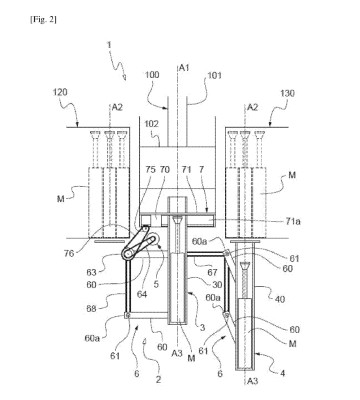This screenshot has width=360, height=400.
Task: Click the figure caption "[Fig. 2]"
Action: click(x=43, y=20)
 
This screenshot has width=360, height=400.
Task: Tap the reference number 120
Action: click(x=60, y=92)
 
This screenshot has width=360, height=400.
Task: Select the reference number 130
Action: click(x=287, y=93)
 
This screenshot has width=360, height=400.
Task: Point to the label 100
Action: click(x=152, y=75)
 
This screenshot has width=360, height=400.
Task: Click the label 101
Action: click(x=214, y=75)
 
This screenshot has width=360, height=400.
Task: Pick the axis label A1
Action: click(x=184, y=68)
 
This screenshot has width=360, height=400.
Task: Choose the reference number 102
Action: click(x=151, y=124)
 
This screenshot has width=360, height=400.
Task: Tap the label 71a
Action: click(x=293, y=221)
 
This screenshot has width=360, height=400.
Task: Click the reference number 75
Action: click(x=150, y=170)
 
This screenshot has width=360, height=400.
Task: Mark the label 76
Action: click(x=69, y=254)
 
